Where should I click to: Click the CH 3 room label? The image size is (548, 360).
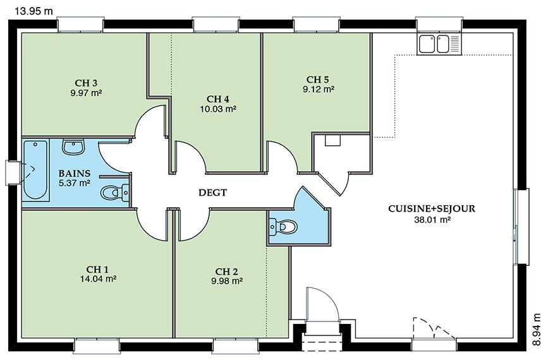click(86, 83)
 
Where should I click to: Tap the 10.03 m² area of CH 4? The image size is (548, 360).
click(218, 109)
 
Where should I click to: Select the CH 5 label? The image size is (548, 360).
click(318, 80)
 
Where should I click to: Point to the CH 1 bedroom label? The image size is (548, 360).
click(97, 269)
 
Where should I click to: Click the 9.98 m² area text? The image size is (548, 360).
click(227, 281)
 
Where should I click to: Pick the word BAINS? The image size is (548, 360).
click(75, 173)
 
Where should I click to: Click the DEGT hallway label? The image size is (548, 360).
click(212, 193)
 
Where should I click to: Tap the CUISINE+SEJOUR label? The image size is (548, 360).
click(432, 209)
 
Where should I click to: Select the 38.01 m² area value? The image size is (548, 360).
click(432, 220)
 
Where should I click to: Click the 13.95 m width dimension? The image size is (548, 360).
click(33, 11)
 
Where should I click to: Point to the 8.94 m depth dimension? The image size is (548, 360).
click(537, 329)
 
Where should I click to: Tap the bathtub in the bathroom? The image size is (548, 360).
click(35, 170)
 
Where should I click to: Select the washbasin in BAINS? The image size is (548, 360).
click(73, 147)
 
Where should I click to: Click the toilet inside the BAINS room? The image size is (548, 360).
click(115, 192)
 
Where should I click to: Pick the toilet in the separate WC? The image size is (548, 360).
click(283, 227)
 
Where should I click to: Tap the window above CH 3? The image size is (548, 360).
click(80, 25)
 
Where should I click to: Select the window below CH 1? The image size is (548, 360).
click(97, 345)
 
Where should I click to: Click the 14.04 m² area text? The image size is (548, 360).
click(98, 279)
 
